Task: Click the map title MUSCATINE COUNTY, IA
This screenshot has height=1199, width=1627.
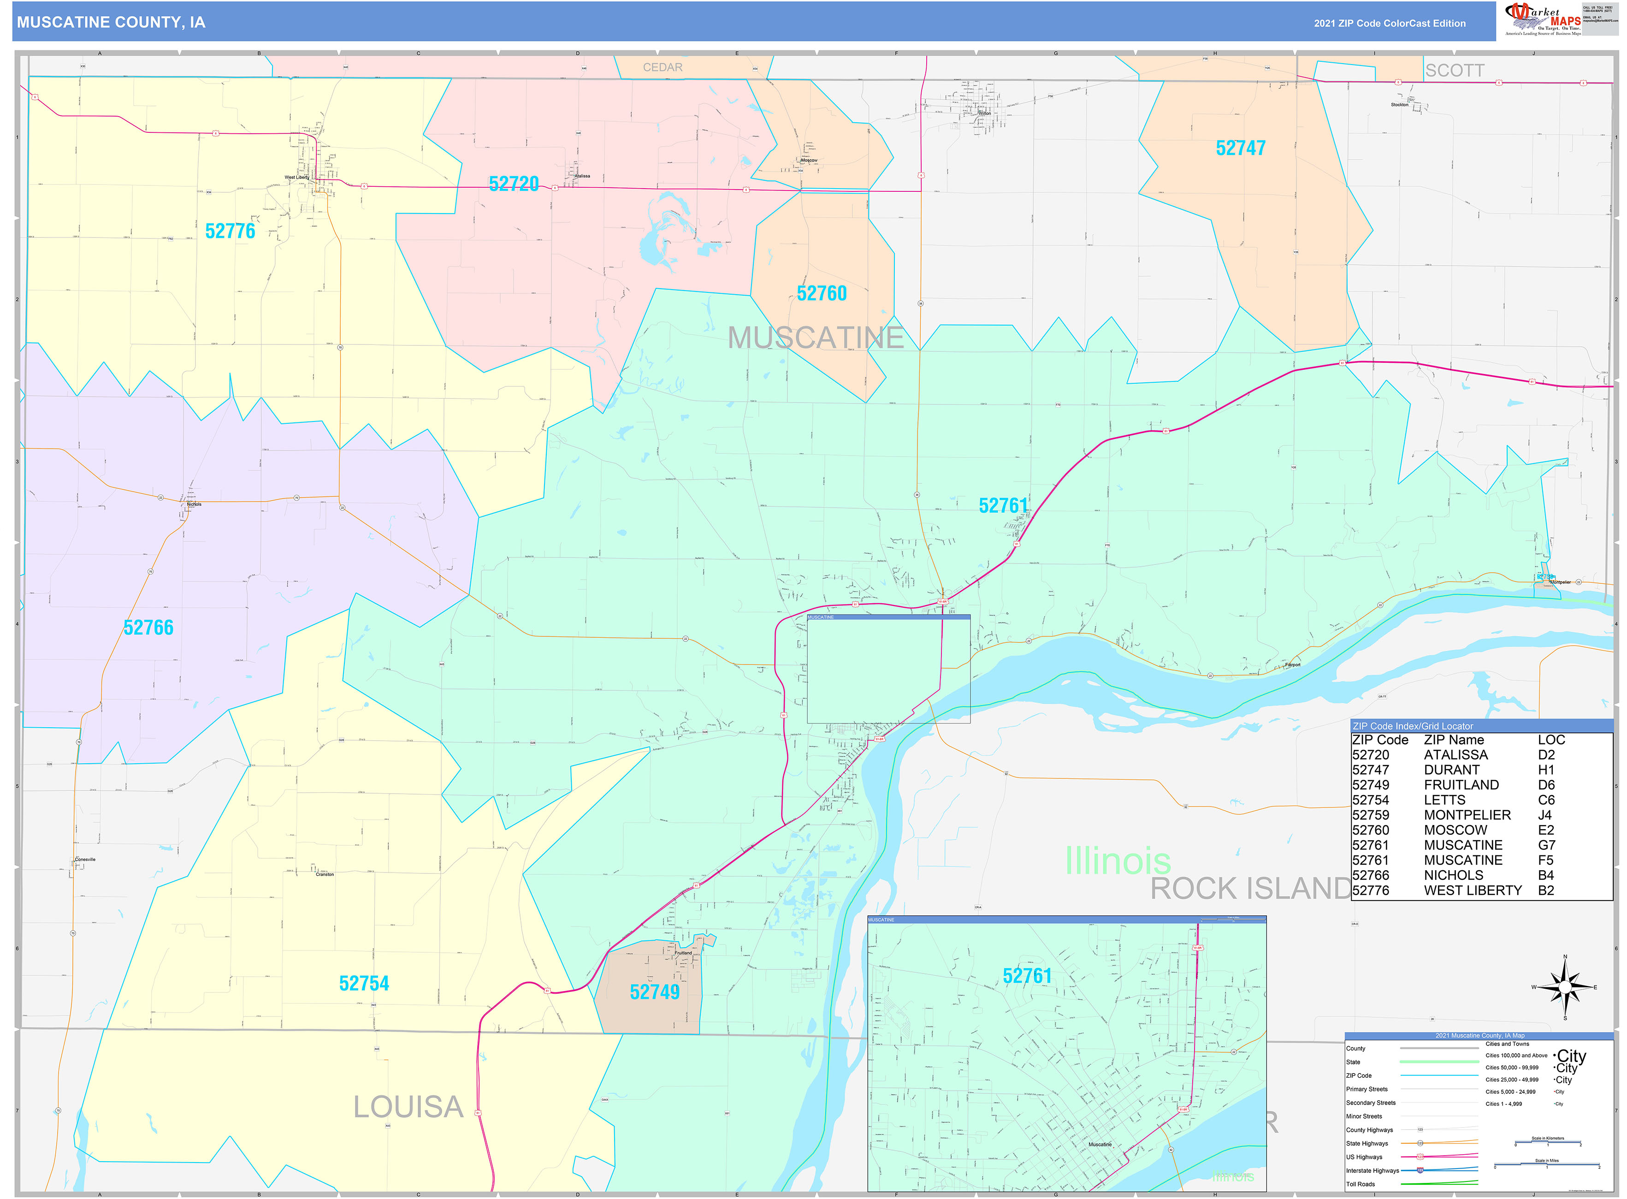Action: (x=111, y=23)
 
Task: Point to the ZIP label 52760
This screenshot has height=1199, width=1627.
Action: (x=822, y=294)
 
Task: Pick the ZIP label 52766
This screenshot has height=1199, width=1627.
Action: (x=148, y=628)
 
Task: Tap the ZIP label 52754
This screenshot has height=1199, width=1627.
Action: (x=364, y=984)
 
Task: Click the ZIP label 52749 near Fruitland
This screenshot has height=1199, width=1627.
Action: (x=654, y=992)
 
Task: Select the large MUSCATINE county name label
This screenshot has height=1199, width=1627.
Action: (x=815, y=338)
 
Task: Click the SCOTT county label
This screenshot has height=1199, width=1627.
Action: (x=1454, y=71)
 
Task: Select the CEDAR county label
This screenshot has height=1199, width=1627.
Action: (x=662, y=67)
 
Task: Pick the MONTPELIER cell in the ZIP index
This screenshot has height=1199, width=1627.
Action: (x=1467, y=815)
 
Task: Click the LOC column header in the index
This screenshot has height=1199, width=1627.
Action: (x=1551, y=740)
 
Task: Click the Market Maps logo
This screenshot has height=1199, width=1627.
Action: (x=1542, y=19)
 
